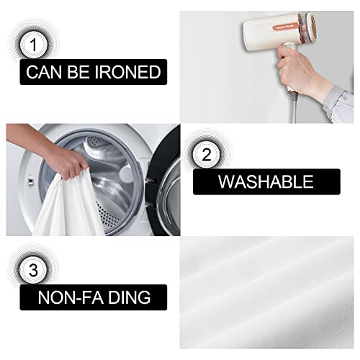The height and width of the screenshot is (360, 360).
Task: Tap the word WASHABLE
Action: click(x=266, y=181)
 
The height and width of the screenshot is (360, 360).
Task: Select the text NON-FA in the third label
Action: click(x=66, y=297)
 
